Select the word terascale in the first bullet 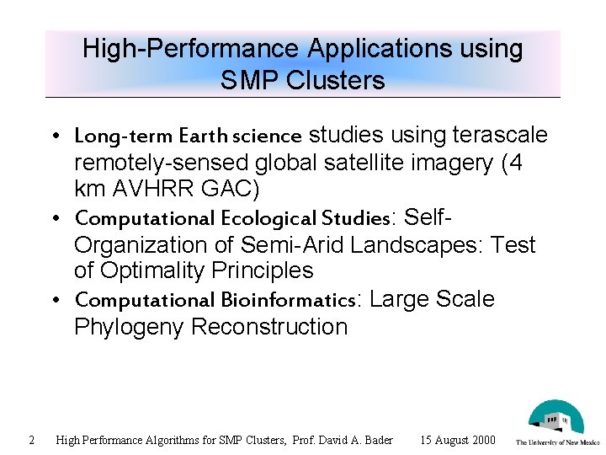click(500, 136)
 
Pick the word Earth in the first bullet click(204, 136)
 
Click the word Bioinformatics click(290, 301)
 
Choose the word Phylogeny click(129, 327)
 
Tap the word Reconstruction click(269, 327)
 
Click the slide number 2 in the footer click(31, 440)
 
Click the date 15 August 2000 click(458, 440)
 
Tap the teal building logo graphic click(555, 417)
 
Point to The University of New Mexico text click(557, 442)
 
